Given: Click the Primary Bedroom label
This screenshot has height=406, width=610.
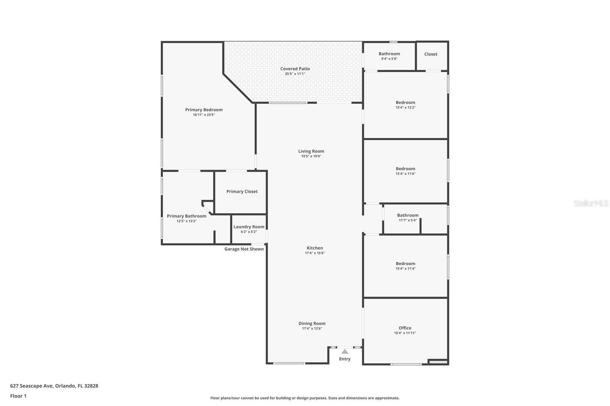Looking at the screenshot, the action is tap(204, 110).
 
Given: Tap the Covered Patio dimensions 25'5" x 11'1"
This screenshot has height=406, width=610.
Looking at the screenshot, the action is tap(295, 74).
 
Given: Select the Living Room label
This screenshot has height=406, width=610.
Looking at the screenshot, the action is tap(311, 151).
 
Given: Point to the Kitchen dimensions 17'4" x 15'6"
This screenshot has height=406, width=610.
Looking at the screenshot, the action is tap(315, 253).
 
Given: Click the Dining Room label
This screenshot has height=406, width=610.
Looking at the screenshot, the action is tap(312, 323).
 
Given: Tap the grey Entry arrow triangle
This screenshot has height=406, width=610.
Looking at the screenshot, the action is tap(345, 352).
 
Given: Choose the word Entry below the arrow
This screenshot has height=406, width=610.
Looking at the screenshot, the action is tap(345, 359).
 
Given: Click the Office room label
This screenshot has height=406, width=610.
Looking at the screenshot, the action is tap(405, 328).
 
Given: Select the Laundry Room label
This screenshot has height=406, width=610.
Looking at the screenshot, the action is tap(249, 227).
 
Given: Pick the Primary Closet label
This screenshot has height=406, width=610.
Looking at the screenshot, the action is tap(242, 192).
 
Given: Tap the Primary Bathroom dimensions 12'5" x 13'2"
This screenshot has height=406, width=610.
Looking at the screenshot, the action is tap(186, 221).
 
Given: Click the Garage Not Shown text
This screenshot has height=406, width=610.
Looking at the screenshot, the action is tap(244, 249).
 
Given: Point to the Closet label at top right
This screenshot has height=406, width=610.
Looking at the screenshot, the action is tap(431, 54).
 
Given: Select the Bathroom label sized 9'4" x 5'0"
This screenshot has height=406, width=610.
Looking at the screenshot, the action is tap(389, 54).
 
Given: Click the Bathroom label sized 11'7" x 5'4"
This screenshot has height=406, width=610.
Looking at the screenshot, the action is tap(408, 215).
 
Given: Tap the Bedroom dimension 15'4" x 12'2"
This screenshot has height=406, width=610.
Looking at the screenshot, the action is tap(406, 107).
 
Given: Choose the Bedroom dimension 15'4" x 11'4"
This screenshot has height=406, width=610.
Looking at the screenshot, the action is tap(406, 269).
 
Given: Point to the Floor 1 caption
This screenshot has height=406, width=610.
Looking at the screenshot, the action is tap(18, 396).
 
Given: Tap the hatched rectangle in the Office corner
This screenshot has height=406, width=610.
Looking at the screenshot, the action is tap(438, 362).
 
